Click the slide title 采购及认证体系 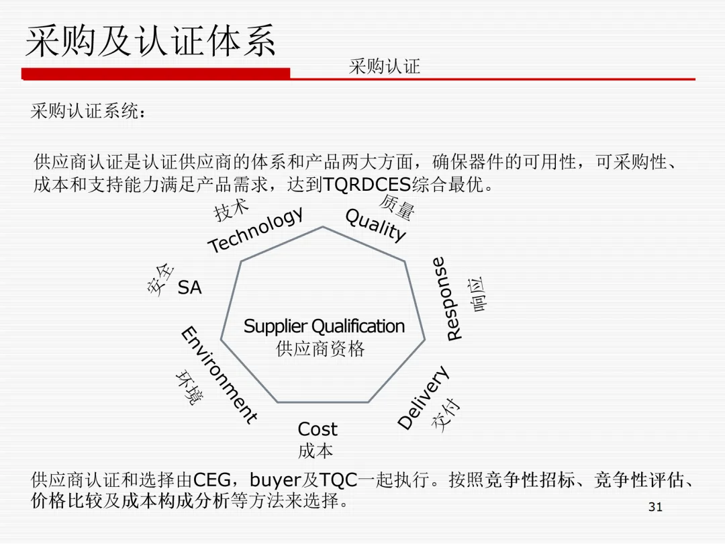(x=150, y=42)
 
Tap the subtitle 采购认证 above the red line (x=384, y=66)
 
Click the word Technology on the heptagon (x=256, y=230)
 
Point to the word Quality (x=375, y=225)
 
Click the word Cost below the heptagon (x=317, y=429)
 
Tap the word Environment (x=218, y=375)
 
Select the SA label (x=189, y=288)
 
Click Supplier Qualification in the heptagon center (x=324, y=326)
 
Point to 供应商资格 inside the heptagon (x=320, y=349)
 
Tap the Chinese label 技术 (x=232, y=210)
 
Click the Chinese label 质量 (x=397, y=207)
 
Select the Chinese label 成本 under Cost (x=316, y=450)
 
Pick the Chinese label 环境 (x=188, y=388)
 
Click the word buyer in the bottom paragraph (x=275, y=480)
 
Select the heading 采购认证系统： (x=88, y=111)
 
